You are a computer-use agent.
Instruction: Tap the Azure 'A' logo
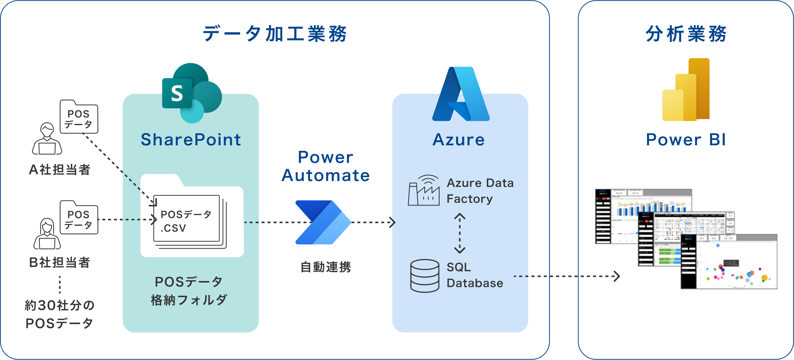461,94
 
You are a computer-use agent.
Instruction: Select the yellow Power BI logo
686,90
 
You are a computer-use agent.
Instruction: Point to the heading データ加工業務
275,34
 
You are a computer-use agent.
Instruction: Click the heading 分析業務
686,34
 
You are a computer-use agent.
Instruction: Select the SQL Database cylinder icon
424,276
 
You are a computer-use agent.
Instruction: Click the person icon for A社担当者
47,139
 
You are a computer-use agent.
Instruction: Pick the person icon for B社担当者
47,234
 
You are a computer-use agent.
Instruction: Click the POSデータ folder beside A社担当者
79,117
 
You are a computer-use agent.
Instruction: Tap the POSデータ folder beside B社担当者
79,218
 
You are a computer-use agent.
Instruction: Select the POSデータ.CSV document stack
188,221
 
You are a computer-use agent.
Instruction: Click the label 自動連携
325,267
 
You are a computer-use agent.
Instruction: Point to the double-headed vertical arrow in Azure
460,233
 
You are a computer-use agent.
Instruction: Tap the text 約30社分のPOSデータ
59,314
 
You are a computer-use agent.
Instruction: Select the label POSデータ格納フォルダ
189,291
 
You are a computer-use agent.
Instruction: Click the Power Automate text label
325,166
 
